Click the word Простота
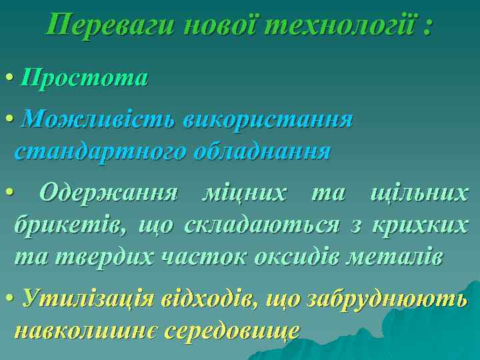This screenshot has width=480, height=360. [x=84, y=79]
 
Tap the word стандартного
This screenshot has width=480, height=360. [x=101, y=151]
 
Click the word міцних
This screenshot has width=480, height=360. [x=244, y=193]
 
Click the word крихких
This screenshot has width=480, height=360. [x=420, y=225]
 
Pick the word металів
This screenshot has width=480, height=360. [x=404, y=257]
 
